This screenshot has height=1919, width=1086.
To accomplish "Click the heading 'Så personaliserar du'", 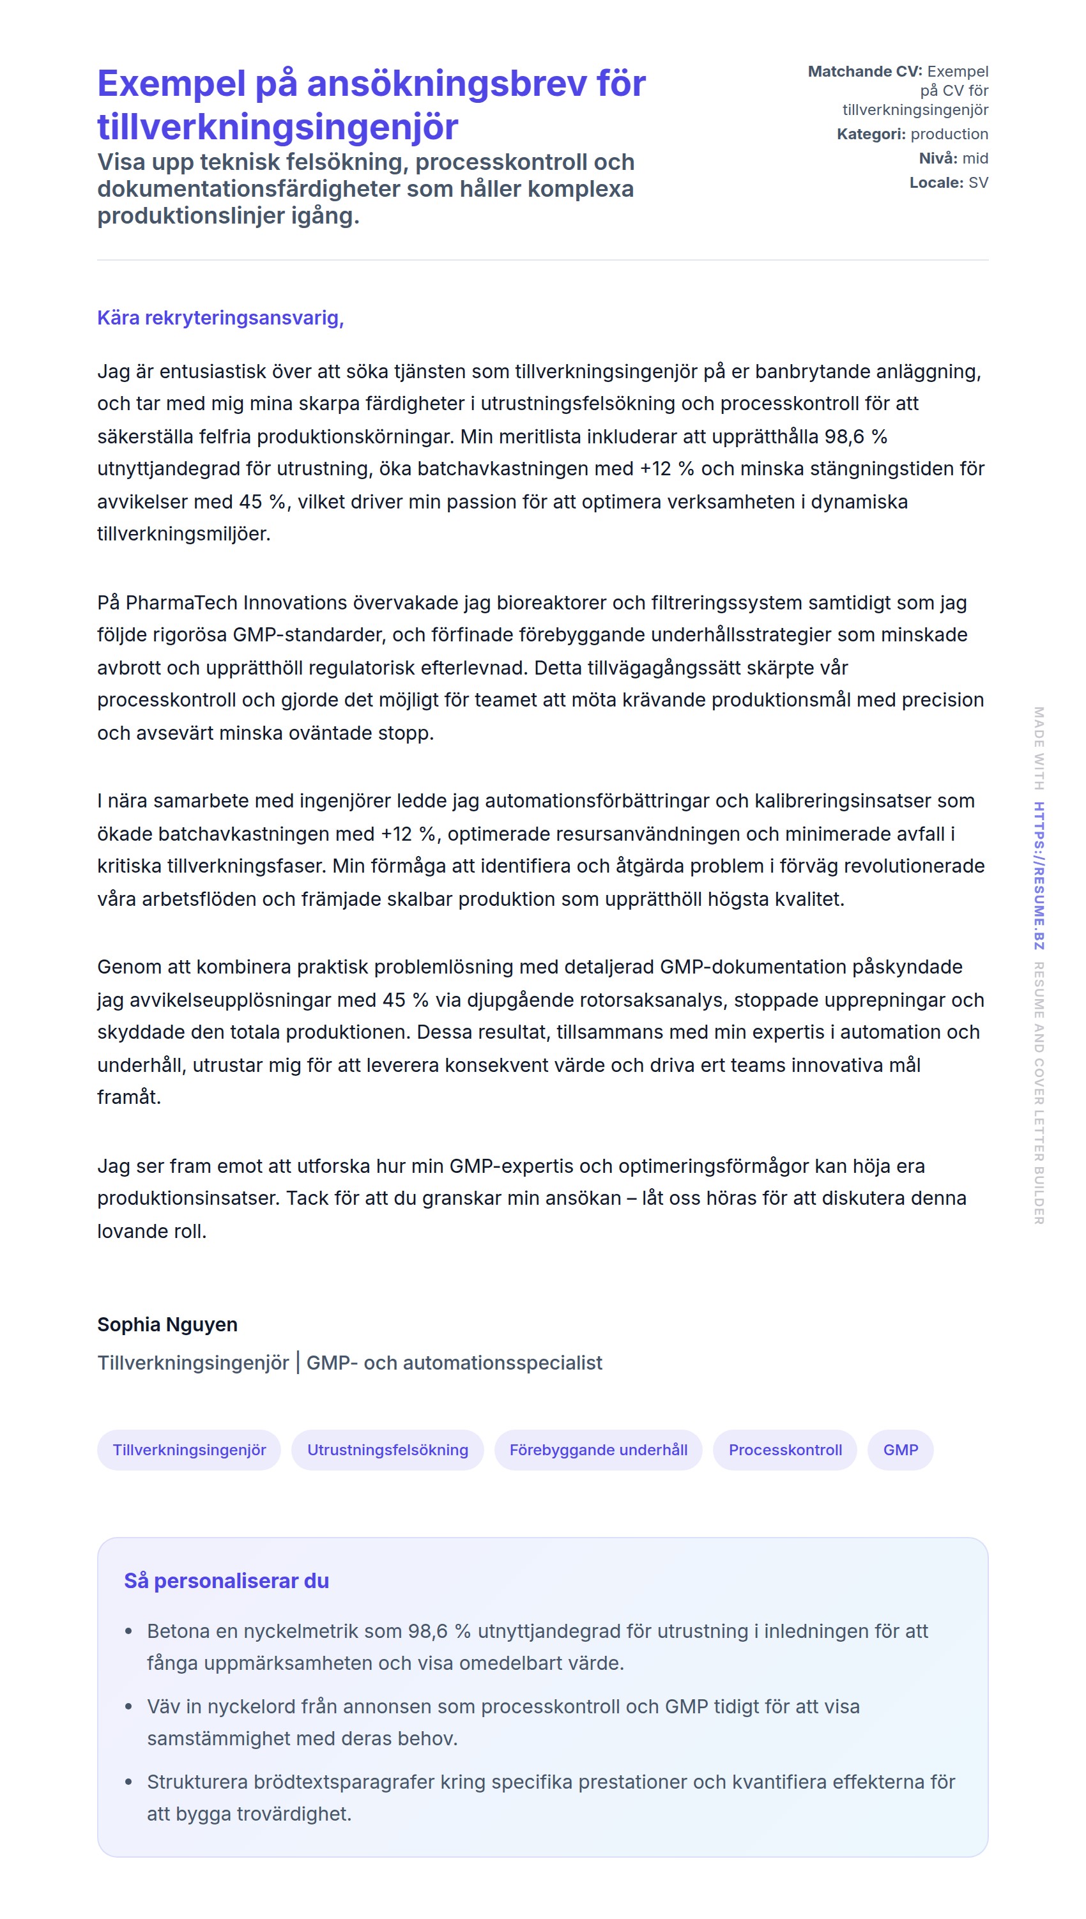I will tap(226, 1580).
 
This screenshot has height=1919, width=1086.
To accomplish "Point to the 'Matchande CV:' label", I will tap(864, 72).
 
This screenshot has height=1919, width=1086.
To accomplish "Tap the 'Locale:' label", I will tap(936, 183).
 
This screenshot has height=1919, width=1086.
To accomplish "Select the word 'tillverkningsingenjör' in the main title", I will tap(277, 126).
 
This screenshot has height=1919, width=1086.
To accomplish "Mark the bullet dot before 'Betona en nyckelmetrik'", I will tap(129, 1632).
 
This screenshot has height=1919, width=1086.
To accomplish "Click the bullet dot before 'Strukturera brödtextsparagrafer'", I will tap(129, 1782).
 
